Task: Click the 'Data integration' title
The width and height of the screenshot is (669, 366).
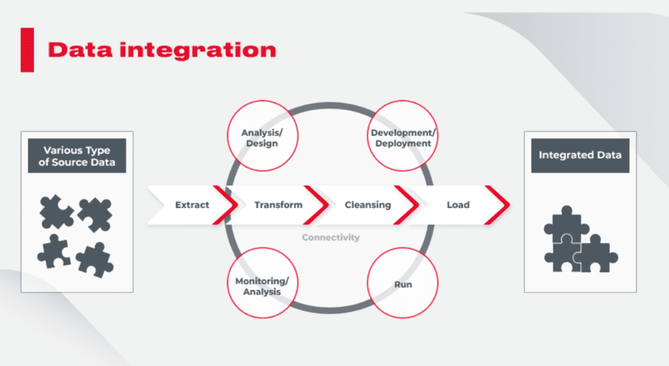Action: [x=162, y=50]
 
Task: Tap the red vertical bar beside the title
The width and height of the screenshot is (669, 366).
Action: [x=27, y=50]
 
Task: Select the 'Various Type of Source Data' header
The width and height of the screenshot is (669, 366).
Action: [x=77, y=155]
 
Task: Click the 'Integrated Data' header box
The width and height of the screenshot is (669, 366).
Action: [x=580, y=155]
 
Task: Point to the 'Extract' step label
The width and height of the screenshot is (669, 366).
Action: [x=192, y=205]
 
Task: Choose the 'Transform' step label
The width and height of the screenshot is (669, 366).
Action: [x=278, y=205]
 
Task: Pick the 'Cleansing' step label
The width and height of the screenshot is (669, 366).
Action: [x=368, y=205]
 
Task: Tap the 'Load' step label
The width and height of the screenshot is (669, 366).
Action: [x=458, y=205]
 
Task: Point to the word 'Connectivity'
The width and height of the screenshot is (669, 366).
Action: [x=331, y=237]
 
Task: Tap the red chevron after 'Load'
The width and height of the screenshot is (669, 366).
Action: [x=499, y=205]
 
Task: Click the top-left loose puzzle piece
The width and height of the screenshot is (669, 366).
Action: [x=56, y=211]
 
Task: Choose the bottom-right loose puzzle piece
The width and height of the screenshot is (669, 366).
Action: [x=95, y=259]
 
